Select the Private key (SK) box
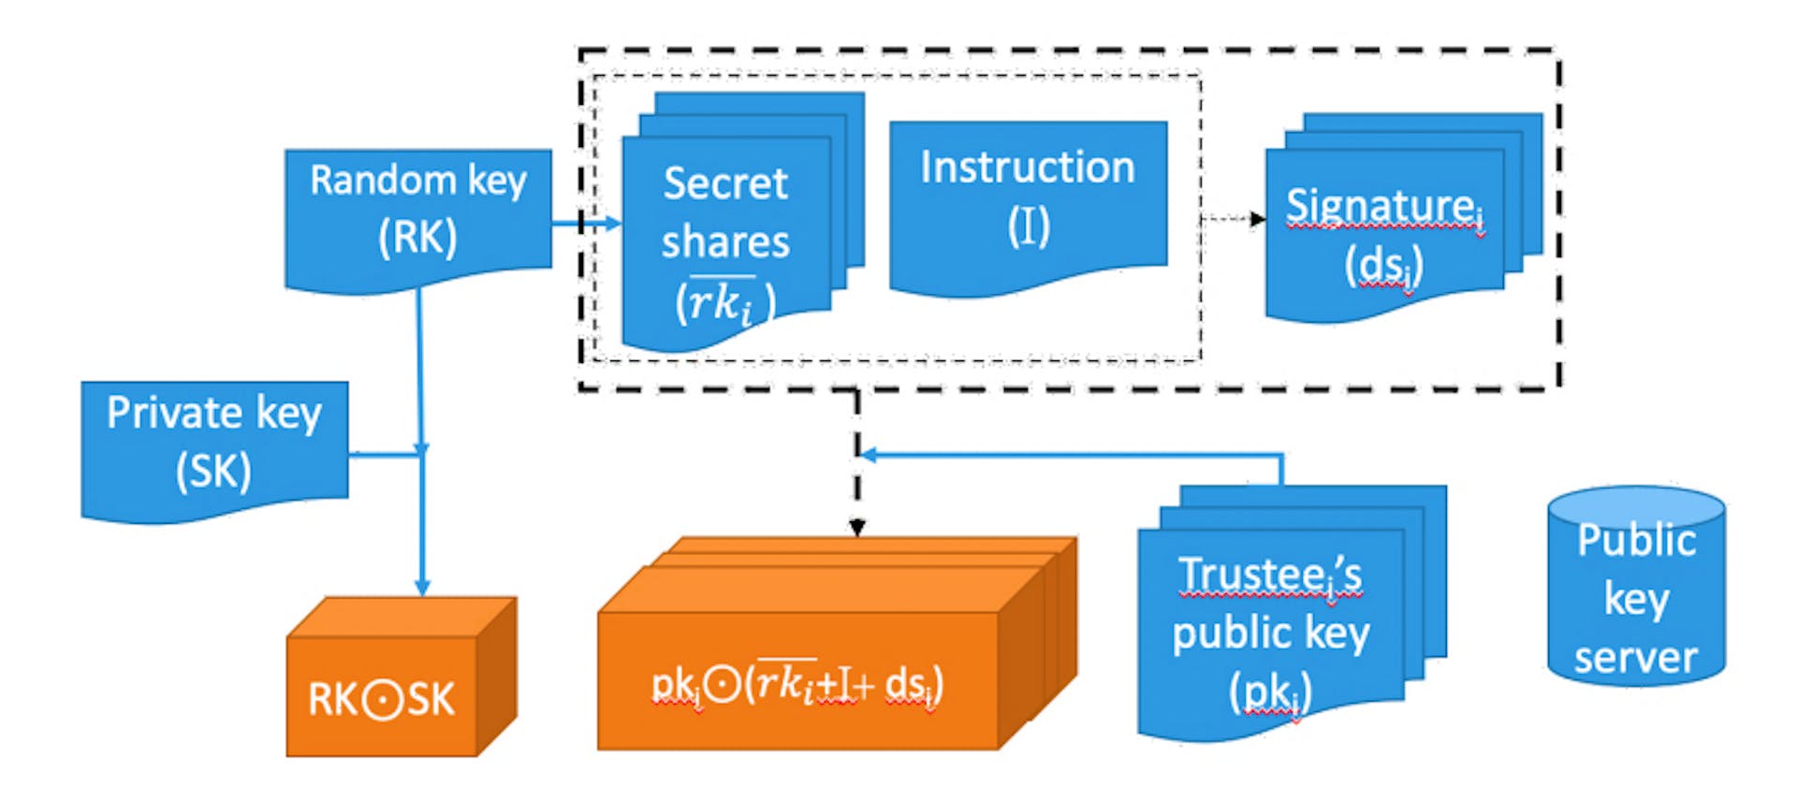pyautogui.click(x=214, y=444)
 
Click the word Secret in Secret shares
pyautogui.click(x=725, y=183)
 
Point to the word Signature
pyautogui.click(x=1380, y=206)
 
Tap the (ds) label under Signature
pyautogui.click(x=1383, y=266)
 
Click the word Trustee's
pyautogui.click(x=1270, y=575)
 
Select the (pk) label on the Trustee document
pyautogui.click(x=1270, y=693)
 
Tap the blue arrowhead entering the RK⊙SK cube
pyautogui.click(x=422, y=587)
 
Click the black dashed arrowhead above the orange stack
pyautogui.click(x=857, y=528)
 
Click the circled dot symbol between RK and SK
pyautogui.click(x=381, y=700)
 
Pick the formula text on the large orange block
pyautogui.click(x=797, y=684)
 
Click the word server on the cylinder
pyautogui.click(x=1635, y=657)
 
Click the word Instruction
pyautogui.click(x=1028, y=168)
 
